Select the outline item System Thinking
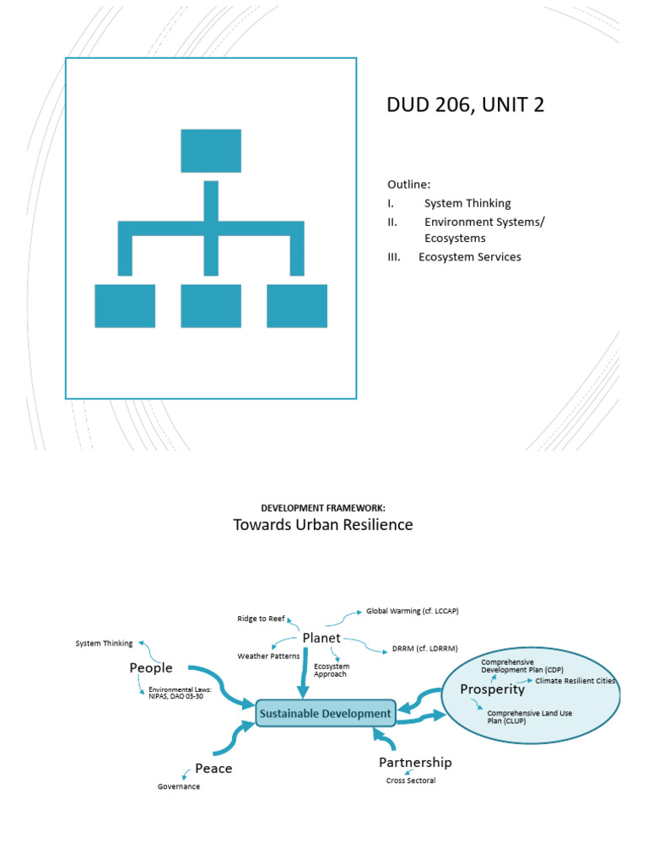[x=467, y=203]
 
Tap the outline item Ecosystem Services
[x=470, y=256]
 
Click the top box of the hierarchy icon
[x=211, y=151]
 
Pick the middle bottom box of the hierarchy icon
[x=211, y=305]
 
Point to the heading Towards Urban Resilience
[x=323, y=525]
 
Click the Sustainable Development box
[x=326, y=713]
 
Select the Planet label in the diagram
[x=321, y=638]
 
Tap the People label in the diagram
[x=151, y=667]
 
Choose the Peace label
[x=213, y=768]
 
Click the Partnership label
[x=415, y=762]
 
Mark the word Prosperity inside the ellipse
[x=493, y=689]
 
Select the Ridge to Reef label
[x=261, y=619]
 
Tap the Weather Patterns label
[x=268, y=656]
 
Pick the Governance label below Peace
[x=179, y=786]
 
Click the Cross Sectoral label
[x=411, y=780]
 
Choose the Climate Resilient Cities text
[x=575, y=680]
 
